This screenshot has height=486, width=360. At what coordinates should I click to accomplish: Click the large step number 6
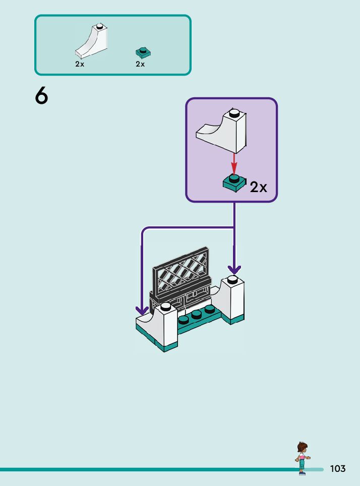[41, 95]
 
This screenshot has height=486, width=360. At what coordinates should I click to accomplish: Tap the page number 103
[338, 468]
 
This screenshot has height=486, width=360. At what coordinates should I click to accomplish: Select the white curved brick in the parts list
[91, 41]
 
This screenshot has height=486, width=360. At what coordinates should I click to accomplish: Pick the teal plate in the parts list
[143, 53]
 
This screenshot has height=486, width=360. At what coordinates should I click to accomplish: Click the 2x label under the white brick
[80, 64]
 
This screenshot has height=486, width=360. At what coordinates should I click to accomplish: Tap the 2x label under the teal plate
[140, 64]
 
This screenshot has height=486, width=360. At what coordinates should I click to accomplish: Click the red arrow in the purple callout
[234, 164]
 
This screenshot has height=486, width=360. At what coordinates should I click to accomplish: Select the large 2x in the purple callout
[258, 187]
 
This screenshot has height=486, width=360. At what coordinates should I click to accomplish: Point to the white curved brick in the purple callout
[221, 131]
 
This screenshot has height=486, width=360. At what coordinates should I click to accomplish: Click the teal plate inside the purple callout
[234, 184]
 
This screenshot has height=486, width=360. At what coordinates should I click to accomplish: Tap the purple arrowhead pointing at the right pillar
[234, 270]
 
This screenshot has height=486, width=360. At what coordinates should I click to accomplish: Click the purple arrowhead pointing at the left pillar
[142, 311]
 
